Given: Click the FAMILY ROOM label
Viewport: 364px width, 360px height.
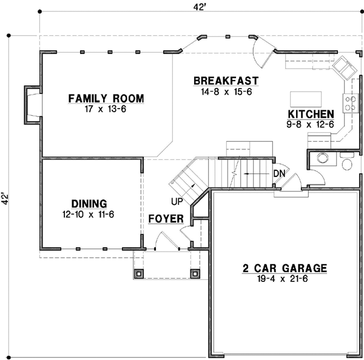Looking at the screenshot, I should (x=106, y=98).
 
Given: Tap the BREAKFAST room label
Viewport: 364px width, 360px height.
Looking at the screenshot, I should (x=226, y=81).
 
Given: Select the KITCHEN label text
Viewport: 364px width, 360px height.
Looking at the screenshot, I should (x=311, y=114).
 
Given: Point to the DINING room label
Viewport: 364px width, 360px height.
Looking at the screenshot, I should (x=89, y=204).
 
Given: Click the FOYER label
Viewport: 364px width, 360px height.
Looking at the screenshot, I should (x=165, y=218).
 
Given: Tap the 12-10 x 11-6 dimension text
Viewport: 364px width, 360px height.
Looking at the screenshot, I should (x=89, y=213).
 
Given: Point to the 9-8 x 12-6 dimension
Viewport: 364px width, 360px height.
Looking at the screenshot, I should (x=311, y=124).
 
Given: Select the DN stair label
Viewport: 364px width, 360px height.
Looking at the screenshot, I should (x=278, y=173).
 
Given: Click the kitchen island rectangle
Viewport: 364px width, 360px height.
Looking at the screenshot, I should (x=306, y=99).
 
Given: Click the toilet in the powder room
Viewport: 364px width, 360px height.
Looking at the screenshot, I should (x=346, y=164).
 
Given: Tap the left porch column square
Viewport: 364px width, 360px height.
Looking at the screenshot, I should (x=139, y=273).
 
